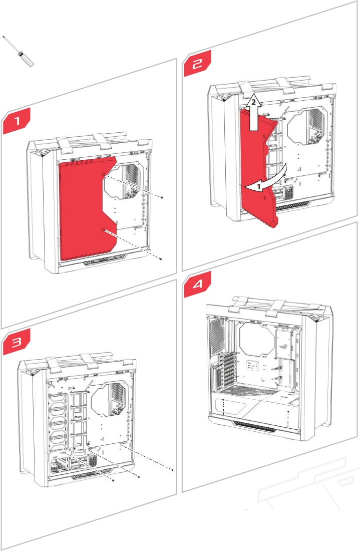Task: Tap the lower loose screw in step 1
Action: [x=159, y=258]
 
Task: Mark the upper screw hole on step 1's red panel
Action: [x=104, y=175]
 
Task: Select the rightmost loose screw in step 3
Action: [x=172, y=470]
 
